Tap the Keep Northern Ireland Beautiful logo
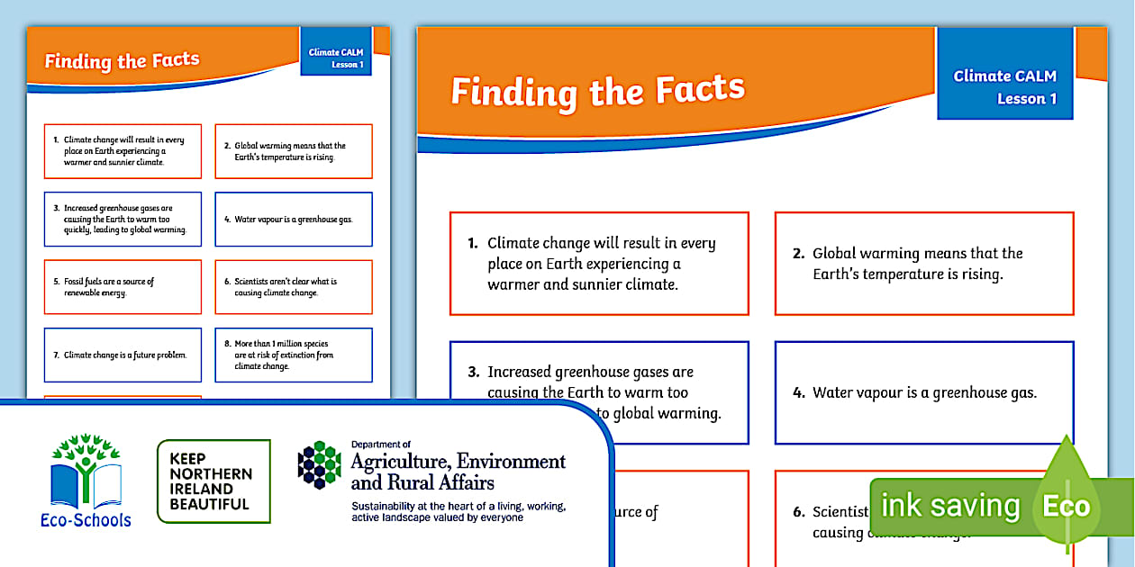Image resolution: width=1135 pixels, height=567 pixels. point(213,481)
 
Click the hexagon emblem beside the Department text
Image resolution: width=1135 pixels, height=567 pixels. point(319,464)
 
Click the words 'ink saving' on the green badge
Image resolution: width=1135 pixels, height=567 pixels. point(949,506)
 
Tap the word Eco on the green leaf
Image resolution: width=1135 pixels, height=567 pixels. point(1066,506)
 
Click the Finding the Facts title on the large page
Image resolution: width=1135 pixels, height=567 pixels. point(598,90)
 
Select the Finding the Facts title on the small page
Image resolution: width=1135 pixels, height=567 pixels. point(122,61)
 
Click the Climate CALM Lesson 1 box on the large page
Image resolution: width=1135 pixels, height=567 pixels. point(1004,86)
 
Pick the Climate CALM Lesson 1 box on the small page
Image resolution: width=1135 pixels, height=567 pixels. point(335,58)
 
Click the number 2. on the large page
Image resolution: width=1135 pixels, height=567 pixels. point(798,254)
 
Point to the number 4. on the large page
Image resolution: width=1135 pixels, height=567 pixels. point(798,392)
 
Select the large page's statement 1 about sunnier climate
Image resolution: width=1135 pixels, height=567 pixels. point(601,264)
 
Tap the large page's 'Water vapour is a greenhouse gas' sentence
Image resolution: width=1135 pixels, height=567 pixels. point(925,392)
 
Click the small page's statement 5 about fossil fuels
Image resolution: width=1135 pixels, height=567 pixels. point(109,287)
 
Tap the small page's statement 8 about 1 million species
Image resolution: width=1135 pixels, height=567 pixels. point(284,355)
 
